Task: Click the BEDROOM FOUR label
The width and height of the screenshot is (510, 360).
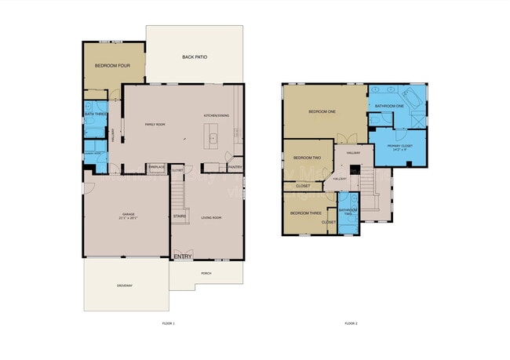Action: pos(112,66)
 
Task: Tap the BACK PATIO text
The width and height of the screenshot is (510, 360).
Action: pos(193,57)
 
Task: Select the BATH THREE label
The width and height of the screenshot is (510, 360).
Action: pos(95,115)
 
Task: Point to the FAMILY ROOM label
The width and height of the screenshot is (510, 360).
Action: pos(155,124)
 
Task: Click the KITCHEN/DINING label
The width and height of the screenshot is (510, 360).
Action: pos(217,115)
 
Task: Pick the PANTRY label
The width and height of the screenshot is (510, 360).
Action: pos(235,167)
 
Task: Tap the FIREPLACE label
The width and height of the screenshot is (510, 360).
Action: pos(156,167)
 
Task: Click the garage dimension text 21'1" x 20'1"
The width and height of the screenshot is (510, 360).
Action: pos(128,219)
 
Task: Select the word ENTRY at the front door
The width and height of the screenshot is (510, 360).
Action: pos(183,256)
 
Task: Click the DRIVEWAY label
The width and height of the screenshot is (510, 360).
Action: pos(125,285)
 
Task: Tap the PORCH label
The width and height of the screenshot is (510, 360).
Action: pos(206,273)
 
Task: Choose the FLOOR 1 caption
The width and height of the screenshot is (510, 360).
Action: pos(168,323)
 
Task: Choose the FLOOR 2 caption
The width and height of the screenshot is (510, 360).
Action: pos(351,323)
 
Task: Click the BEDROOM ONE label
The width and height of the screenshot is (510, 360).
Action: pos(322,112)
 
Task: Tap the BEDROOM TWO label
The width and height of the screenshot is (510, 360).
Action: pos(307,158)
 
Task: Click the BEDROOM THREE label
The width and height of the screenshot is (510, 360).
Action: pos(305,213)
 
